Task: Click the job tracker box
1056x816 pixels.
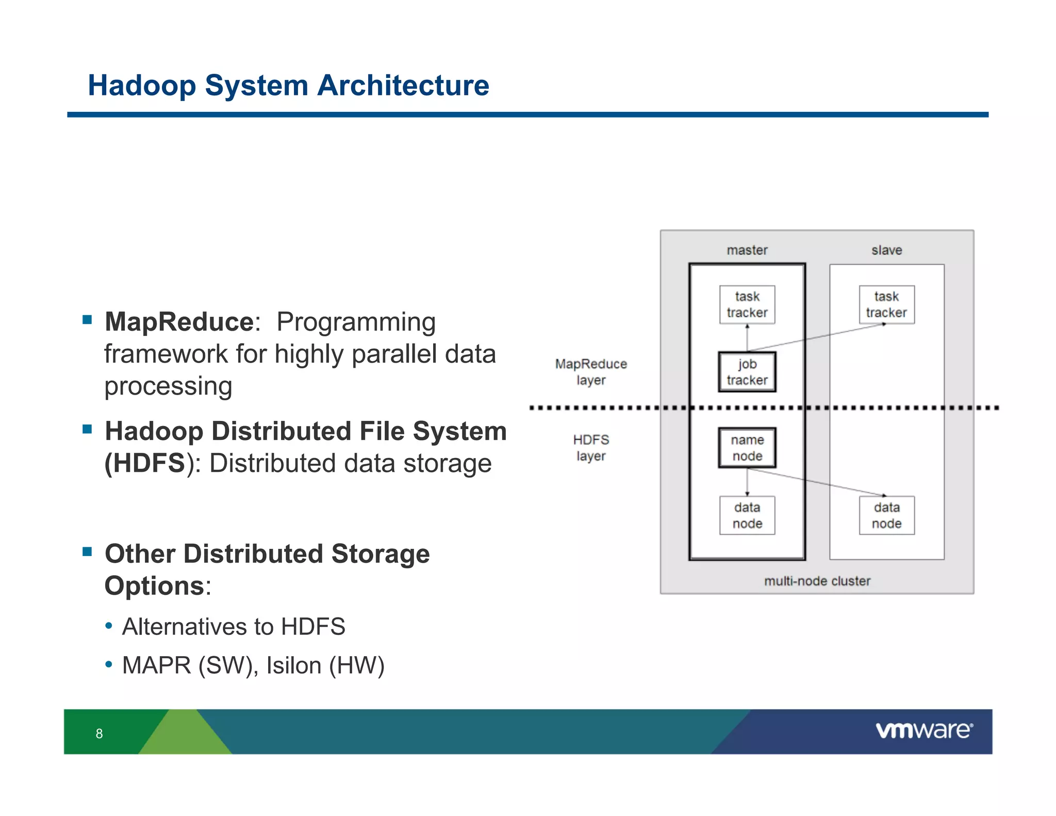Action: pyautogui.click(x=747, y=372)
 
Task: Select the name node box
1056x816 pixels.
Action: pyautogui.click(x=747, y=448)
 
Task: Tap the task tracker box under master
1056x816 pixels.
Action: pyautogui.click(x=747, y=304)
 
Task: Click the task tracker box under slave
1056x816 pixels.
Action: pyautogui.click(x=886, y=304)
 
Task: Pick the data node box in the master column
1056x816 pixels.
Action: pyautogui.click(x=747, y=515)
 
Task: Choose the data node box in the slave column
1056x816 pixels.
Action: pyautogui.click(x=886, y=515)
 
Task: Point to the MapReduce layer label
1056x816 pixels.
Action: pyautogui.click(x=591, y=372)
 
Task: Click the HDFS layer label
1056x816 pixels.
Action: pyautogui.click(x=591, y=448)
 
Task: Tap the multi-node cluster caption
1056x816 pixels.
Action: pyautogui.click(x=817, y=581)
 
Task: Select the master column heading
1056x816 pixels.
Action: pyautogui.click(x=747, y=250)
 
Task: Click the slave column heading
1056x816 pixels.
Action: pyautogui.click(x=886, y=250)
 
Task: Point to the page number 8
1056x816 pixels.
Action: pyautogui.click(x=99, y=733)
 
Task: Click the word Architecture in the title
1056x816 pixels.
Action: pyautogui.click(x=403, y=86)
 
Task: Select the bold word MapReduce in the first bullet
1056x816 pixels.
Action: pyautogui.click(x=179, y=322)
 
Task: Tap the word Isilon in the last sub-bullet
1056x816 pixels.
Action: pyautogui.click(x=294, y=665)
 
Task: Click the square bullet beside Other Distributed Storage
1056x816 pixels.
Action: pyautogui.click(x=87, y=552)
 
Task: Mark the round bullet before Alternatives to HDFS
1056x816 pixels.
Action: pyautogui.click(x=108, y=626)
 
